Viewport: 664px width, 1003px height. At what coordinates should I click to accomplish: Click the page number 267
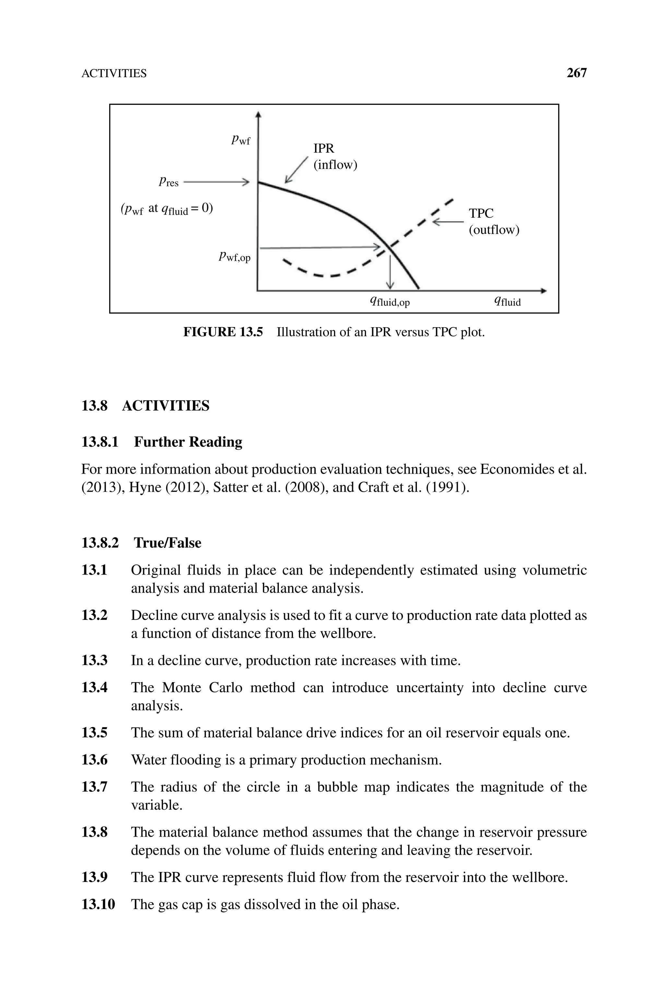click(576, 73)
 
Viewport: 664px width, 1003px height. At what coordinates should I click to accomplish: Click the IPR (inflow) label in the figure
click(335, 157)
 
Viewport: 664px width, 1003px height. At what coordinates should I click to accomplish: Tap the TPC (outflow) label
click(493, 222)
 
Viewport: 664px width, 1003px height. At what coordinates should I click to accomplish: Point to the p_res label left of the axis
click(169, 182)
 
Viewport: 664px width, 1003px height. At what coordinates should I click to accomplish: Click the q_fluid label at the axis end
click(507, 302)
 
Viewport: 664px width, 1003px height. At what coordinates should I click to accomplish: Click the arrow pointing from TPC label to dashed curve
click(448, 222)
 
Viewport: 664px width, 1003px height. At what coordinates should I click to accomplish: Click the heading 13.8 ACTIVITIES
click(145, 406)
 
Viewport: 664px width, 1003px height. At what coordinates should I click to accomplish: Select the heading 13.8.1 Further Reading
click(162, 442)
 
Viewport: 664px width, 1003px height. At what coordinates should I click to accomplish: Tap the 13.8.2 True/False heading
click(141, 543)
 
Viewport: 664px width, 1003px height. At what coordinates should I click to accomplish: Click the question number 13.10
click(98, 904)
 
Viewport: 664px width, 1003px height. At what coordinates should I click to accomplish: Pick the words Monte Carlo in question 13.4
click(202, 687)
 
